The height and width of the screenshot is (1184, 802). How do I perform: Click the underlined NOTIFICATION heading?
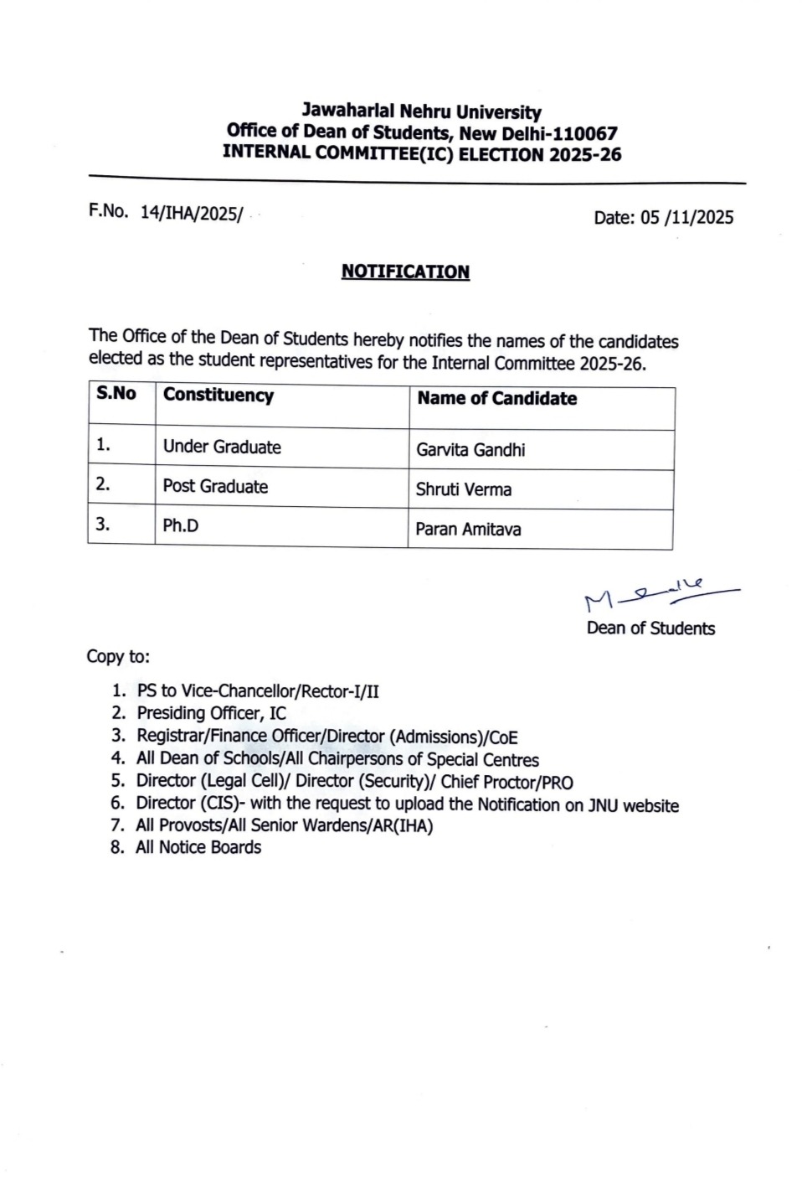pyautogui.click(x=405, y=271)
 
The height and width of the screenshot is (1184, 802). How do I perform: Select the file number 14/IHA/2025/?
pyautogui.click(x=191, y=214)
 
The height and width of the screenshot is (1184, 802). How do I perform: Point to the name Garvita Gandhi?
pyautogui.click(x=470, y=450)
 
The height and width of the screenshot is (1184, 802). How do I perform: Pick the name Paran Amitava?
pyautogui.click(x=468, y=530)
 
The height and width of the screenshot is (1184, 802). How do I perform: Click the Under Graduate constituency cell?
pyautogui.click(x=222, y=447)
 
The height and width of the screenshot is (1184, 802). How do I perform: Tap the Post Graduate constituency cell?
pyautogui.click(x=215, y=486)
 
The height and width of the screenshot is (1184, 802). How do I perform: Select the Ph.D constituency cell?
pyautogui.click(x=181, y=525)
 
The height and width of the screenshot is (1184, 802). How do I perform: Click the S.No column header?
pyautogui.click(x=116, y=394)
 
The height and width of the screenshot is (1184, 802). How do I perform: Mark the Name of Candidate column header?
pyautogui.click(x=497, y=399)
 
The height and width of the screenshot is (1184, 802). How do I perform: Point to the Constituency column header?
pyautogui.click(x=218, y=396)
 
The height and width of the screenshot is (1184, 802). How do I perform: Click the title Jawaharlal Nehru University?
pyautogui.click(x=421, y=111)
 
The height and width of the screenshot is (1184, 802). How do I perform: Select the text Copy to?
pyautogui.click(x=118, y=656)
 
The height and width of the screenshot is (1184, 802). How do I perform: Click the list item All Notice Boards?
pyautogui.click(x=198, y=847)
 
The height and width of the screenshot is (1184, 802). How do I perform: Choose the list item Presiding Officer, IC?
pyautogui.click(x=211, y=713)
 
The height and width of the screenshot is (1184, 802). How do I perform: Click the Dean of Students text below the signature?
pyautogui.click(x=650, y=628)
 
